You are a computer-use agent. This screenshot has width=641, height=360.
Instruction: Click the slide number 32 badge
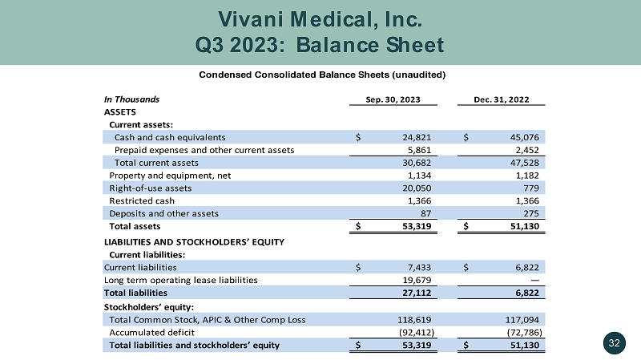pos(615,344)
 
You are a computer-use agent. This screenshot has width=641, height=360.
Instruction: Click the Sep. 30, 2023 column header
pos(393,99)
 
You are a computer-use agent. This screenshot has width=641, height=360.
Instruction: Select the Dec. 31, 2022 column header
pos(503,99)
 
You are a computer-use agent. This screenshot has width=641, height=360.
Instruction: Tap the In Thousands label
pos(132,99)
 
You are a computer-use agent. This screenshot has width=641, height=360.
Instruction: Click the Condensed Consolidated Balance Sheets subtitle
pos(320,75)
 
